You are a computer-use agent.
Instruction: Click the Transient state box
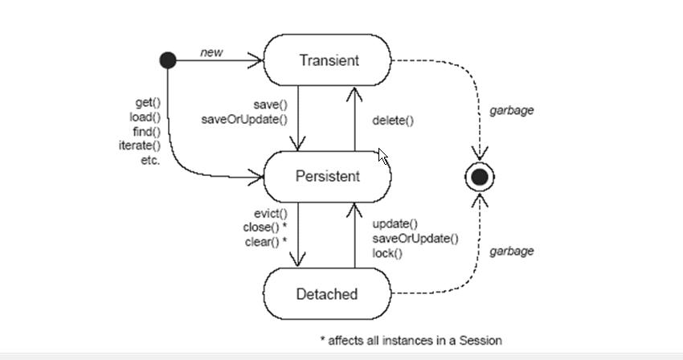click(x=328, y=60)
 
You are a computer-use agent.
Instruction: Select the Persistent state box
click(x=327, y=177)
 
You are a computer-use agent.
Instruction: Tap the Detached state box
click(x=327, y=294)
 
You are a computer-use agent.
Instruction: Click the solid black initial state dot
click(x=168, y=59)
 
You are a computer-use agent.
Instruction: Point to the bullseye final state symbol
click(x=480, y=177)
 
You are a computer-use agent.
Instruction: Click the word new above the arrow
click(x=211, y=53)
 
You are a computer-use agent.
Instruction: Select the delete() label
click(x=393, y=121)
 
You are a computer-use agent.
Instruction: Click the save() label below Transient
click(x=271, y=105)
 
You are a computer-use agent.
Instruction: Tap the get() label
click(x=148, y=102)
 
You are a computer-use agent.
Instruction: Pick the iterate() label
click(x=140, y=145)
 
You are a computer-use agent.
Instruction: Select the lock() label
click(x=387, y=253)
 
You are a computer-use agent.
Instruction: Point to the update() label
click(x=395, y=223)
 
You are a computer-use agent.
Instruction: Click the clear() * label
click(x=266, y=241)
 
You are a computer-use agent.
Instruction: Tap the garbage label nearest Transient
click(x=512, y=110)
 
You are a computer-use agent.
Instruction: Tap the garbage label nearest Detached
click(x=512, y=251)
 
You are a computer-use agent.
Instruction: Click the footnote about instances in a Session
click(x=411, y=340)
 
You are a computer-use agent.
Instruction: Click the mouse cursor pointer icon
click(x=383, y=157)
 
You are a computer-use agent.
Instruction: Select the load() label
click(x=145, y=117)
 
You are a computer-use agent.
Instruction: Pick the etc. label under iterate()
click(x=150, y=160)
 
